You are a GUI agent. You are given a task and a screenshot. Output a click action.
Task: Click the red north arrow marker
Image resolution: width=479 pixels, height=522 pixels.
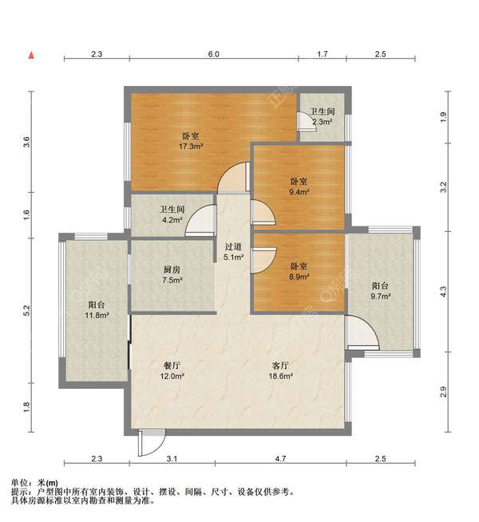tap(31, 55)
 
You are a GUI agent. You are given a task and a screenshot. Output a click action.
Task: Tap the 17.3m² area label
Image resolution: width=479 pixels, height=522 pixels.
tap(191, 146)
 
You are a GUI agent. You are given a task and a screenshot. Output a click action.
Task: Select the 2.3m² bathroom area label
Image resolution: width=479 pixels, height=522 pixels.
tap(323, 122)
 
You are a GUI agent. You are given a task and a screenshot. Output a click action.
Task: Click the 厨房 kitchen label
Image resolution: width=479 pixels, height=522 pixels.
tap(172, 269)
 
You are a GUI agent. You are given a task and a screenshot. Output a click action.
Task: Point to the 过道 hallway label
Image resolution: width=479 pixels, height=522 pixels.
tap(233, 247)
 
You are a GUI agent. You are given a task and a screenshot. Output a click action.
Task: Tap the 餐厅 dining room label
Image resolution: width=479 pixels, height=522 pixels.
tap(172, 366)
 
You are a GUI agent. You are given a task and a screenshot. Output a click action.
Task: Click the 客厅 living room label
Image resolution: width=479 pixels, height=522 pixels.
tap(280, 366)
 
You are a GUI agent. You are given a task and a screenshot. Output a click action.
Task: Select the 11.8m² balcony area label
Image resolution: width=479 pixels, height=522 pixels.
tap(97, 315)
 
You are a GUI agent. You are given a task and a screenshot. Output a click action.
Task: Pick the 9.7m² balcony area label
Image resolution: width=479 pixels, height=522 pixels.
tap(381, 296)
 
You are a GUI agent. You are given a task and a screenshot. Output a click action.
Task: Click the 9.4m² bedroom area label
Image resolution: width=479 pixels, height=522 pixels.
tap(299, 192)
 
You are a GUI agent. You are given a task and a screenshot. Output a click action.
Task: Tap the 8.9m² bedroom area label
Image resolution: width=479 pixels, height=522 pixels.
tap(299, 277)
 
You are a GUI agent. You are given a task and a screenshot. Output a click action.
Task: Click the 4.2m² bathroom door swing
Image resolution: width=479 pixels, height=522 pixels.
tap(200, 221)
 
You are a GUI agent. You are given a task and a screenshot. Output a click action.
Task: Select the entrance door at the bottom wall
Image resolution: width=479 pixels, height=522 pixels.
tap(152, 442)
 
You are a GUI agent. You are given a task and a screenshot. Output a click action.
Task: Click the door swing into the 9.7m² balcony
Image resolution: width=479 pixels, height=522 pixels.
tap(362, 333)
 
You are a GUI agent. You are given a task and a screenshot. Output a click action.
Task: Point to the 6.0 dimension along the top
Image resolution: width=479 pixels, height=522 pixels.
tap(214, 54)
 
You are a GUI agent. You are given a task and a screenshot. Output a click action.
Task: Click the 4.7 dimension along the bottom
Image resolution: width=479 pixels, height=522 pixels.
tap(280, 459)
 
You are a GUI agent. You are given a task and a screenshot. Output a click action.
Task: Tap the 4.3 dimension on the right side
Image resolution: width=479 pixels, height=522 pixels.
tap(443, 292)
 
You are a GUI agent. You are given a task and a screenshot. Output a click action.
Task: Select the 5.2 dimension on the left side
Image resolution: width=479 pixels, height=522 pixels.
tap(27, 310)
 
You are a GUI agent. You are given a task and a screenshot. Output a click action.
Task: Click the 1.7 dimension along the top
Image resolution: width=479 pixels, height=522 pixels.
tap(323, 54)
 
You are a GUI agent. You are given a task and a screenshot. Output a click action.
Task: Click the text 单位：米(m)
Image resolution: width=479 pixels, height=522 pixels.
tap(34, 483)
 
